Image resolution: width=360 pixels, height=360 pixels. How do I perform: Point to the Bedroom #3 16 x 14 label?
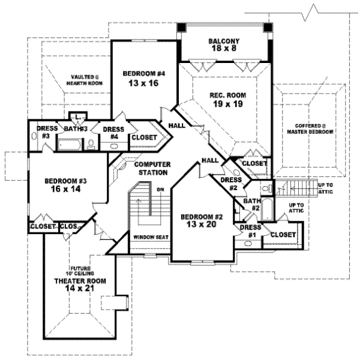click(62, 184)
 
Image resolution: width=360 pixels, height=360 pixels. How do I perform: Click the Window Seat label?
click(151, 237)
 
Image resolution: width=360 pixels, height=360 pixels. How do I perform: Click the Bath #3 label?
click(74, 128)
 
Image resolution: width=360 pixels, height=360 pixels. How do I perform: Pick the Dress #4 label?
click(113, 133)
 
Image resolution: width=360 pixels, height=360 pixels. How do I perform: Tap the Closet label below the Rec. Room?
click(254, 163)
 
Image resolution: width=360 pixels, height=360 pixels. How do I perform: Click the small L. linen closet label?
click(78, 116)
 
